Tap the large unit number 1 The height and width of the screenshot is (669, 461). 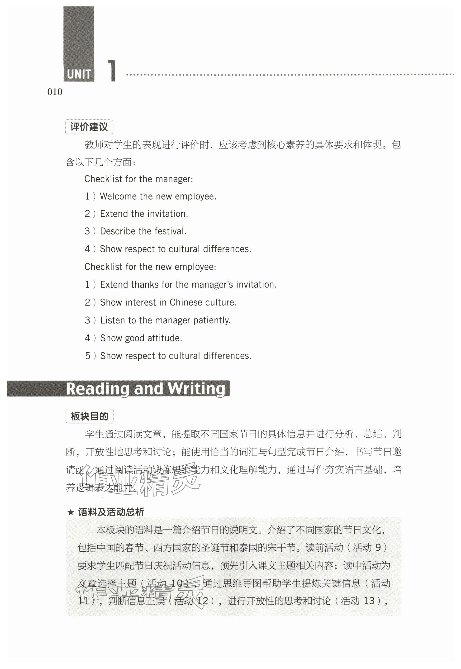pos(112,71)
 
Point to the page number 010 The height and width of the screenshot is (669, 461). pos(55,92)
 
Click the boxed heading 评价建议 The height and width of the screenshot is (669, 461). pos(89,127)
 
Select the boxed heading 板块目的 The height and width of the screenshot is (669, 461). pos(90,416)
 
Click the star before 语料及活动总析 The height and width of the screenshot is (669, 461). pos(71,512)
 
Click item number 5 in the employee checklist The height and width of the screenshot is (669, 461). pos(87,356)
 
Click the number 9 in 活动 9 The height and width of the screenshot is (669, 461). pos(378,547)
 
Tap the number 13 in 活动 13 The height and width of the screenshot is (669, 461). pos(369,601)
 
